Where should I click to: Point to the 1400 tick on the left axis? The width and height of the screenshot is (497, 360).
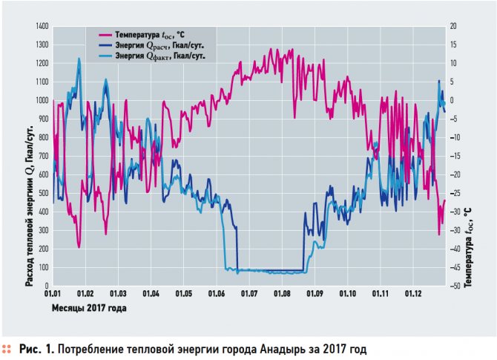tap(39, 26)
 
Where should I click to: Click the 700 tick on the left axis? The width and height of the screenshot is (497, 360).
tap(42, 156)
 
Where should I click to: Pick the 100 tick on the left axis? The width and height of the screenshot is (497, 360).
tap(42, 267)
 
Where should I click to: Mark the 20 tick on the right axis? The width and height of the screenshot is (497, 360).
tap(453, 26)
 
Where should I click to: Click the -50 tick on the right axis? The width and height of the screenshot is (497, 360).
tap(455, 286)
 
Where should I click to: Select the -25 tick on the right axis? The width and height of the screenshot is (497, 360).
tap(455, 193)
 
